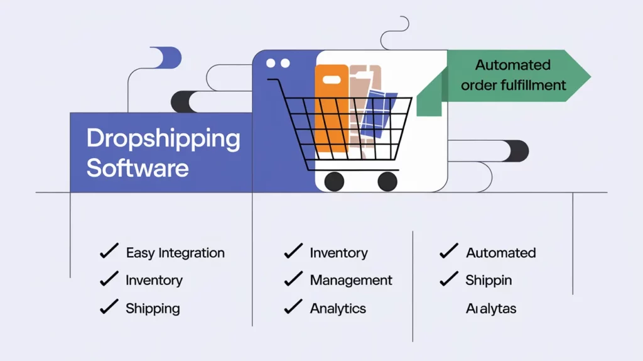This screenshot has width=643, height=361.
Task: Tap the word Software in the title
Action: [137, 168]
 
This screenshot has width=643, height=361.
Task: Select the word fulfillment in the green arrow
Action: [534, 85]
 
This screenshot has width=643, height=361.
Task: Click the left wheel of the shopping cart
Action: [334, 181]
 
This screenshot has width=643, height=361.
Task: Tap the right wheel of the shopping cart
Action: [387, 181]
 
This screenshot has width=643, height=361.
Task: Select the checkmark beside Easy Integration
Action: [109, 252]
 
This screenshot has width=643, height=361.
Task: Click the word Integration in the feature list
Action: [192, 253]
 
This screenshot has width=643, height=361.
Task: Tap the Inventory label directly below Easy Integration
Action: [154, 280]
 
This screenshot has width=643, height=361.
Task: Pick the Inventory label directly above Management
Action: [338, 253]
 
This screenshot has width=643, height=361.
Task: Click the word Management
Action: [351, 280]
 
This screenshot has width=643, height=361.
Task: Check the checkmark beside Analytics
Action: [293, 308]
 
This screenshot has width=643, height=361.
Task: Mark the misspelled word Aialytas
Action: [491, 309]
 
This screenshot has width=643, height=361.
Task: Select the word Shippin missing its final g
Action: [489, 280]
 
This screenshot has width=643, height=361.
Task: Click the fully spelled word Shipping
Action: [153, 308]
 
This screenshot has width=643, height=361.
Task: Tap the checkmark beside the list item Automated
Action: [448, 252]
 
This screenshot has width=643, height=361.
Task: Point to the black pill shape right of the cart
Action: [516, 151]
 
